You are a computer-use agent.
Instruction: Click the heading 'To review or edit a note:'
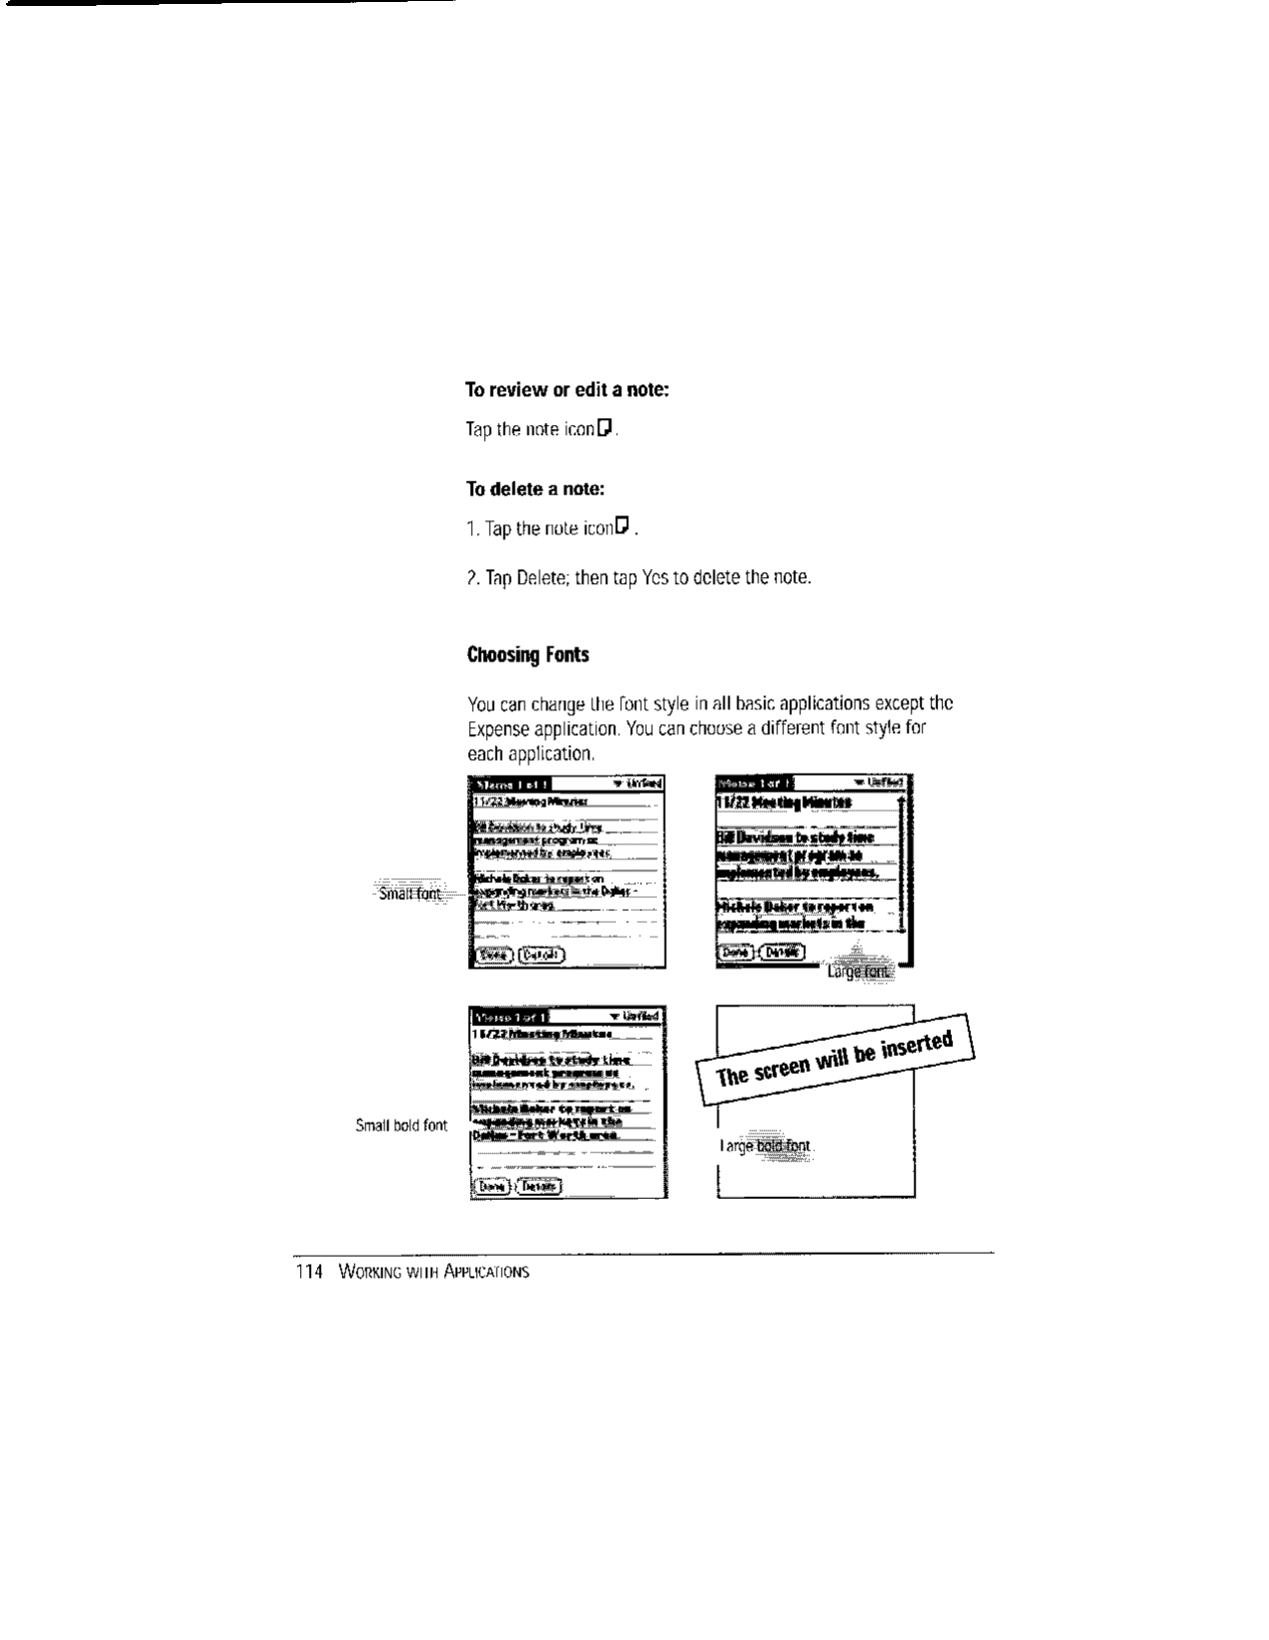(567, 389)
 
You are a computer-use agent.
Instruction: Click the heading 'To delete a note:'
(536, 489)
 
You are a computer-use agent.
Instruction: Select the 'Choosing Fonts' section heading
(528, 655)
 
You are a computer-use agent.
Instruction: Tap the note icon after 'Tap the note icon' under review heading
(606, 428)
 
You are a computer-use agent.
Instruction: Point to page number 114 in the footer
(310, 1271)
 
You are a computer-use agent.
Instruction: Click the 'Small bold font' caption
(401, 1125)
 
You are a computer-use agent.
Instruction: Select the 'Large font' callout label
(860, 971)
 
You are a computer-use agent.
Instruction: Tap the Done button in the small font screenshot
(493, 955)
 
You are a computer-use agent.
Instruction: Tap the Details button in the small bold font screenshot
(538, 1186)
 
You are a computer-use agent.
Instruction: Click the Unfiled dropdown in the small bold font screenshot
(636, 1016)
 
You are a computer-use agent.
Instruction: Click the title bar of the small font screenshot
(509, 783)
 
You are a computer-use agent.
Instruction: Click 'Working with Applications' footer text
(433, 1271)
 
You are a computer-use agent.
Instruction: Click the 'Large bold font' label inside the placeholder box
(765, 1147)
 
